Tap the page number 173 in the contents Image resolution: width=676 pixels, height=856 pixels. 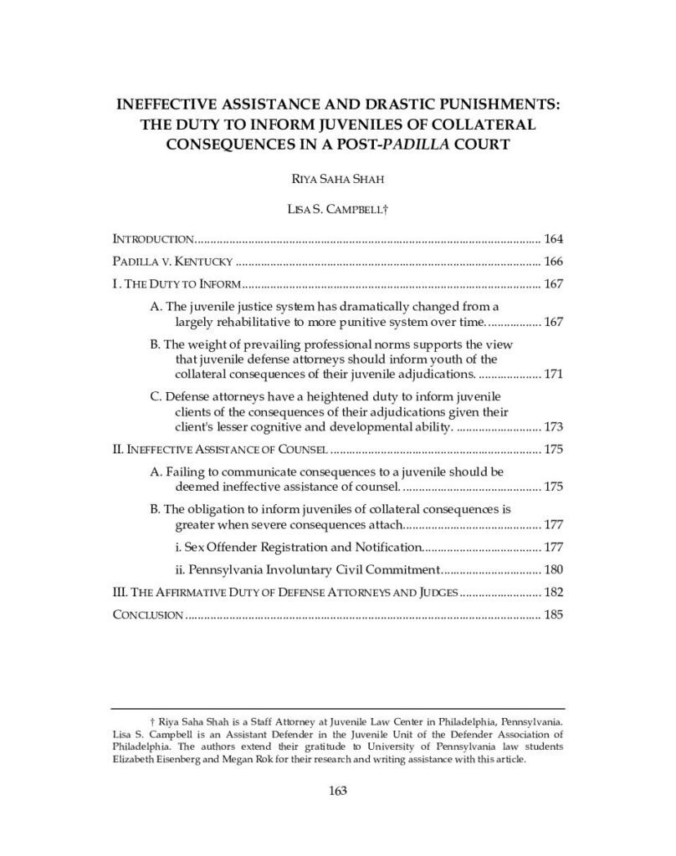click(x=554, y=427)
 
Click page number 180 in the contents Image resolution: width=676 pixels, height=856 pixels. click(x=554, y=570)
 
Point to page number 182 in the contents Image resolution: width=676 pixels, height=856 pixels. click(x=554, y=593)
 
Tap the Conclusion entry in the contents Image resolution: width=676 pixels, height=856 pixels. click(x=147, y=615)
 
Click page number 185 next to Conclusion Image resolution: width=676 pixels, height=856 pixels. click(x=554, y=615)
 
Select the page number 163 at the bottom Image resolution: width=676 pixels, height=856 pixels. click(x=337, y=791)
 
